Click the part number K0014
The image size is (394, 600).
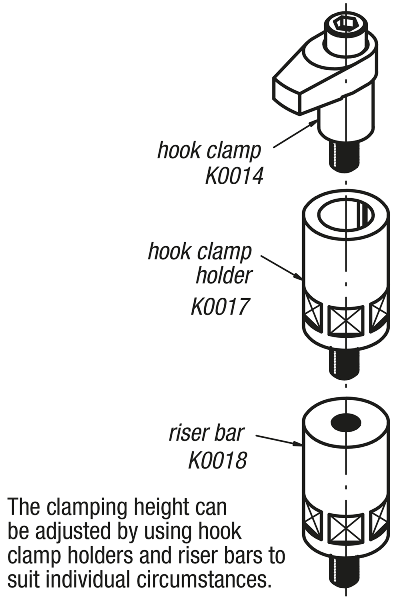234,176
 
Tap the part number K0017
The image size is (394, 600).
220,306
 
